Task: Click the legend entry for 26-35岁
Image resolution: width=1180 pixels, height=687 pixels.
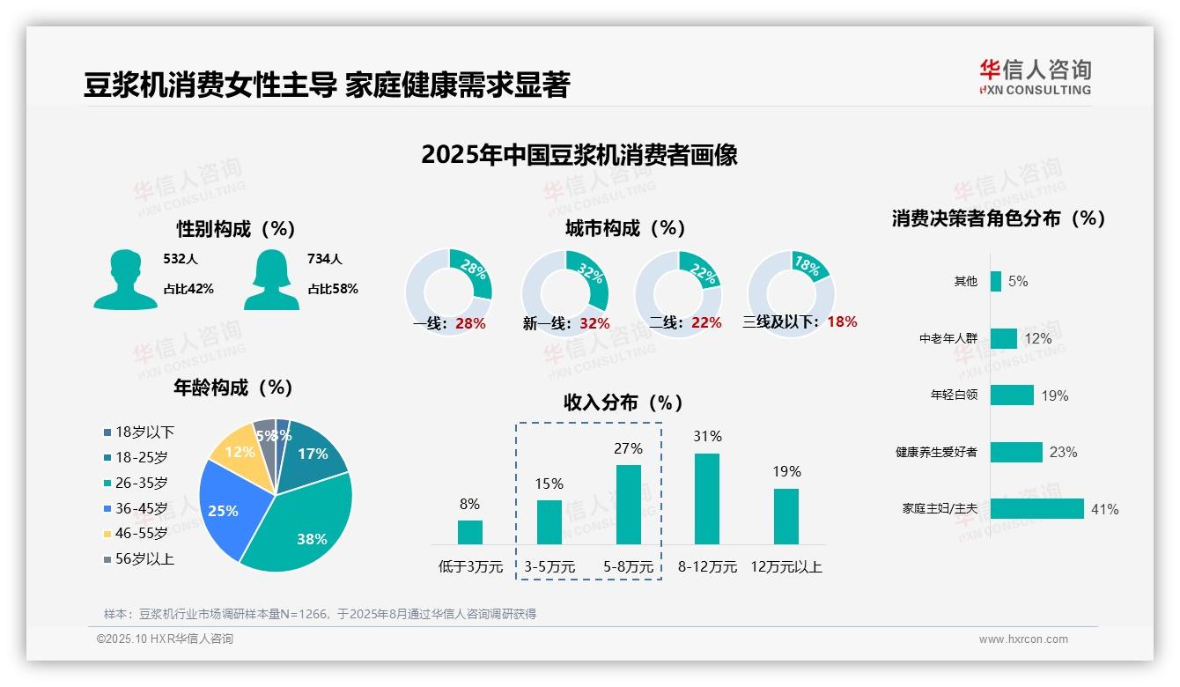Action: tap(141, 483)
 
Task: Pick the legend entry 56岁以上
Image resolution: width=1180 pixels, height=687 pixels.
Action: tap(144, 558)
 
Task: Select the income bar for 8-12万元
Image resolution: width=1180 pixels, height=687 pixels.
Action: tap(707, 499)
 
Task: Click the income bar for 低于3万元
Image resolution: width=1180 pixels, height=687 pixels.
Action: tap(470, 532)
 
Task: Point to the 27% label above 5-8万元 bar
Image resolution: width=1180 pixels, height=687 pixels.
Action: tap(628, 448)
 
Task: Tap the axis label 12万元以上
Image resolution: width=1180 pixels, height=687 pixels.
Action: tap(786, 567)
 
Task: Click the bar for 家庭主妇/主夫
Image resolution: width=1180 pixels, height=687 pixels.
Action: tap(1036, 509)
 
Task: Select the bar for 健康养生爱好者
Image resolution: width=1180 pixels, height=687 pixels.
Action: tap(1016, 452)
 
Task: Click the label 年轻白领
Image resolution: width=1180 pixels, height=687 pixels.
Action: tap(954, 395)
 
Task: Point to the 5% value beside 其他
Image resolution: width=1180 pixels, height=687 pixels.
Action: tap(1018, 282)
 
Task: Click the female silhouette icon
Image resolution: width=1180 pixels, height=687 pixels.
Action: tap(271, 280)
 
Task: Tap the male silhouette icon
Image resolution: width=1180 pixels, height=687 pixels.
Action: tap(126, 280)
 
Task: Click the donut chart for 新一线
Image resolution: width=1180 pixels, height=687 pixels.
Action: tap(564, 292)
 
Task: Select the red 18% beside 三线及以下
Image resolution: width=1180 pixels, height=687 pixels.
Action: tap(842, 321)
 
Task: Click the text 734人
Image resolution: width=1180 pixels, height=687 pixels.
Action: tap(324, 259)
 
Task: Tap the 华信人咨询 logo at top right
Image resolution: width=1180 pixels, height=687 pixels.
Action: tap(1035, 77)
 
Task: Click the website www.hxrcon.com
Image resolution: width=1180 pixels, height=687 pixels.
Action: tap(1023, 639)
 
